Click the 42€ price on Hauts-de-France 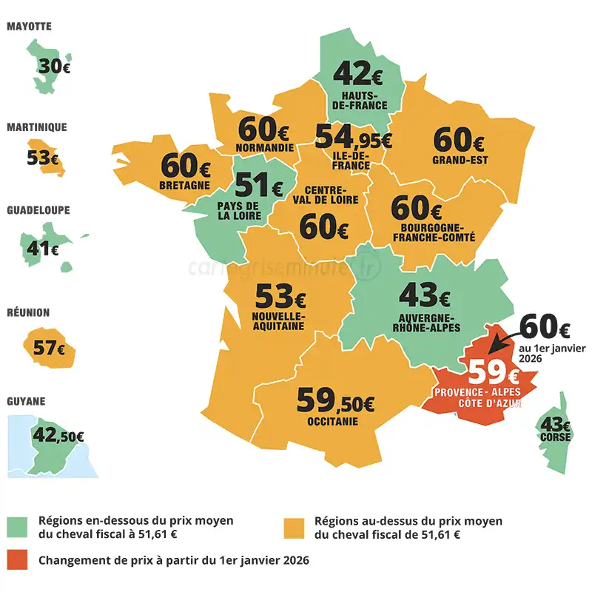(359, 74)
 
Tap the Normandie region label (265, 147)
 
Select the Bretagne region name (184, 185)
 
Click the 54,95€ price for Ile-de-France (353, 138)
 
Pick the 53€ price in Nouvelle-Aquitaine (280, 297)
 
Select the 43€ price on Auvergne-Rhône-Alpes (424, 296)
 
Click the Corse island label (556, 437)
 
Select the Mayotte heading (29, 27)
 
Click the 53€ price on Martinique (44, 157)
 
